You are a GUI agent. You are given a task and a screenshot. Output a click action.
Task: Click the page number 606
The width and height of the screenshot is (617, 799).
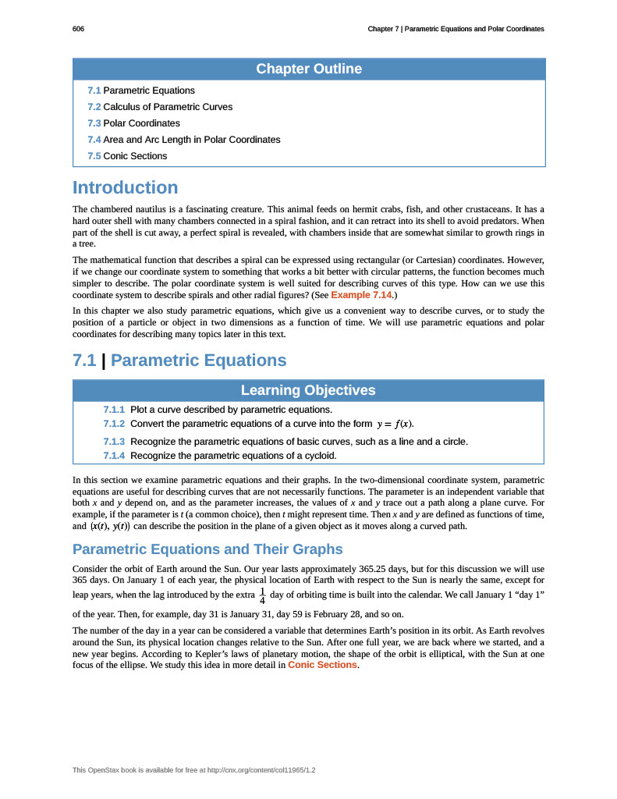78,29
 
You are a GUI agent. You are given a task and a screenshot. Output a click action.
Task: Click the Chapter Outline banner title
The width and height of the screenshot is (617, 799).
309,69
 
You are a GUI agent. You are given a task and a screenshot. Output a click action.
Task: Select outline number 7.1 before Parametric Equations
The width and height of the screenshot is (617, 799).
94,91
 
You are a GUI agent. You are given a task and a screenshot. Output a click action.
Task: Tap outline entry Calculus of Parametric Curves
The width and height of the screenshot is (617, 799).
168,107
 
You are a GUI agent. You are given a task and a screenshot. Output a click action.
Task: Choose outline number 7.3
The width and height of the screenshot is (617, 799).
94,123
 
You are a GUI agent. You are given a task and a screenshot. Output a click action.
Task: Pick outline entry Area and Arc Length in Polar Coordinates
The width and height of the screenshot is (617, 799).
192,140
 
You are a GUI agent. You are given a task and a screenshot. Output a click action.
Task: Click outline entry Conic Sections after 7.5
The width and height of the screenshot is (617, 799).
135,156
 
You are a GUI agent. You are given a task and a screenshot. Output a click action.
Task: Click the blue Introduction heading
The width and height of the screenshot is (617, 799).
125,188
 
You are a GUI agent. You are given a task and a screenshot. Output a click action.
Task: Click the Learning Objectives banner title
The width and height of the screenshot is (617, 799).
308,390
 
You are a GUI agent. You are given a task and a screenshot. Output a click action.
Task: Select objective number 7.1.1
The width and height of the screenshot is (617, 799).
114,410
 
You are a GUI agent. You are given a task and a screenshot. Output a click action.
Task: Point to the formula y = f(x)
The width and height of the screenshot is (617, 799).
394,424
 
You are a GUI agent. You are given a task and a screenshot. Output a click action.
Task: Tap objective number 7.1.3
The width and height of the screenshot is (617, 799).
114,442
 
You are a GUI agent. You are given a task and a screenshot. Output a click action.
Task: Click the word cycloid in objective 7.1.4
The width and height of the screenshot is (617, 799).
320,456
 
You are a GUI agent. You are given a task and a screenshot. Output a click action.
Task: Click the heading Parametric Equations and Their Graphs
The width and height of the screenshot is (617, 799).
207,549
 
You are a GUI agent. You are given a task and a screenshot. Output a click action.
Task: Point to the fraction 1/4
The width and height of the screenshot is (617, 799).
262,596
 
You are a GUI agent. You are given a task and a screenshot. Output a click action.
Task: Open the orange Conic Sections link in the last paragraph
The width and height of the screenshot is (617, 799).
322,665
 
